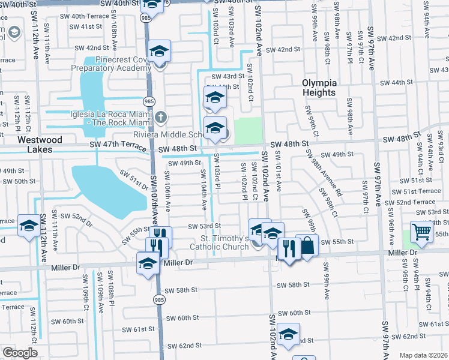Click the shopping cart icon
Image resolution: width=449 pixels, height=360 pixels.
pyautogui.click(x=422, y=231)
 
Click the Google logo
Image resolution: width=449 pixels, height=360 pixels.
pyautogui.click(x=19, y=353)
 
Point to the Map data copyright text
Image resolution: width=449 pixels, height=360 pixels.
pyautogui.click(x=424, y=355)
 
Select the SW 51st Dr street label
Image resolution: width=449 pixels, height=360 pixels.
pyautogui.click(x=133, y=179)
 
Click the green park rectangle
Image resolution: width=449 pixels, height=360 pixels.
pyautogui.click(x=248, y=131)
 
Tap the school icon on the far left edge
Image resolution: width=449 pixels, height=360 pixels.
pyautogui.click(x=28, y=226)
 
